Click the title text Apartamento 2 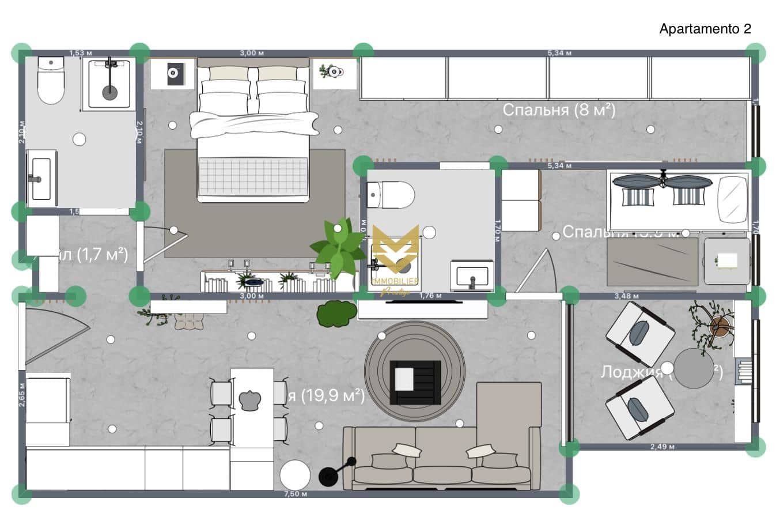pos(705,29)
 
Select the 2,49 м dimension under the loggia pos(662,447)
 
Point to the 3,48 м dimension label pos(627,296)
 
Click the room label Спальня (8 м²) pos(559,109)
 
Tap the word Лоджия pos(631,372)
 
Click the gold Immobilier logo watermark pos(395,254)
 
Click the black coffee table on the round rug pos(415,382)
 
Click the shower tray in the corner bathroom pos(109,84)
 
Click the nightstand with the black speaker pos(172,73)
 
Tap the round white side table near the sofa pos(295,475)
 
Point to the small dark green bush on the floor pos(337,313)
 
